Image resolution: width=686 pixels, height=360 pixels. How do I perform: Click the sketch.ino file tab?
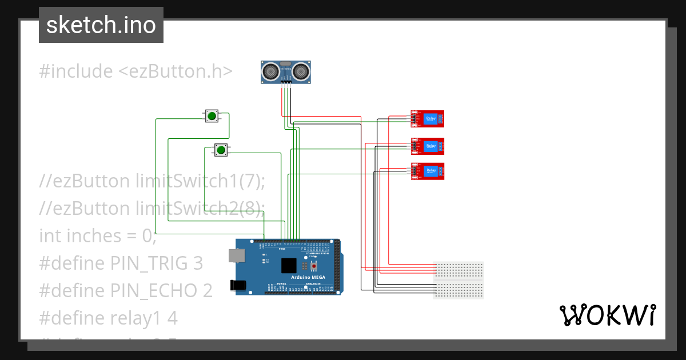tap(101, 25)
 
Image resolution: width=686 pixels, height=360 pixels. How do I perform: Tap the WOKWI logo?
tap(607, 315)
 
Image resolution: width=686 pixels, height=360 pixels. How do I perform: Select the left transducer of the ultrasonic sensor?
tap(271, 71)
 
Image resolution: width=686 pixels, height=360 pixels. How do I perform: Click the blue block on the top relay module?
tap(430, 119)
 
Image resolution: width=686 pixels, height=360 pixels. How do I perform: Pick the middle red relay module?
tap(428, 146)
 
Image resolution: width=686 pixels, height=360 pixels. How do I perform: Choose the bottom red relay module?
tap(428, 171)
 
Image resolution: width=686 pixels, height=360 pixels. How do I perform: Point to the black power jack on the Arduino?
tap(237, 285)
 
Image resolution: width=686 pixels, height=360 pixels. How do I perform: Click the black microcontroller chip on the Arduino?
tap(289, 266)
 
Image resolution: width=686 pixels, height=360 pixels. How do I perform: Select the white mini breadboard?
tap(459, 280)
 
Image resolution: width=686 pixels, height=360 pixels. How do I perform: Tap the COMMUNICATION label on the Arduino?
tap(317, 253)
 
